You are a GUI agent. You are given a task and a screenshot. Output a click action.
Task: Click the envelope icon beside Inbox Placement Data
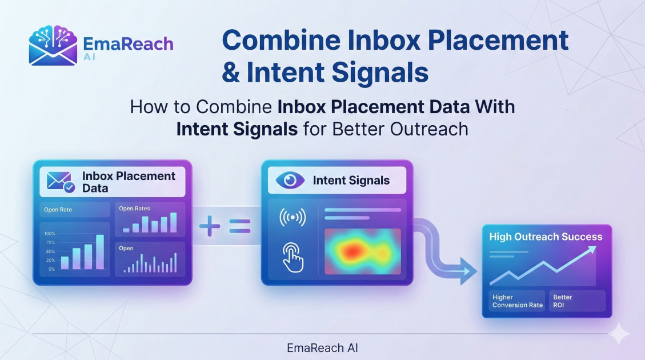tap(60, 182)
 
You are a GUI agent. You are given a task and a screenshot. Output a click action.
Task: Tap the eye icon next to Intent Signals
tap(290, 181)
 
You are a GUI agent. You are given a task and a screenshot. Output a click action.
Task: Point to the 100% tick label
tap(49, 234)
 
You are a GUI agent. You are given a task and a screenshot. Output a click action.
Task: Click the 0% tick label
tap(51, 269)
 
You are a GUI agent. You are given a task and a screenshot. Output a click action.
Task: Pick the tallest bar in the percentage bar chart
tap(100, 251)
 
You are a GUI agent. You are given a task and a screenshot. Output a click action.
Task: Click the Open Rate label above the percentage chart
tap(58, 210)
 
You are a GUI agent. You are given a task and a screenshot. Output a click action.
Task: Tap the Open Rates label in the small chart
tap(134, 209)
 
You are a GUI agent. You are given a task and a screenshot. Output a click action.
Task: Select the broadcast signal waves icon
tap(292, 218)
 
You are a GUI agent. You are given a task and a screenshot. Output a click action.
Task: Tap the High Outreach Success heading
tap(546, 237)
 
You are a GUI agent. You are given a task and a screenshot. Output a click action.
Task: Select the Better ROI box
tap(576, 301)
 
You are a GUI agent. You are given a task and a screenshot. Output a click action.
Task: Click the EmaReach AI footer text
tap(323, 347)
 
